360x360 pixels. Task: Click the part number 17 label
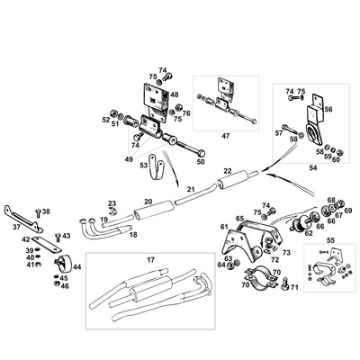(x=152, y=259)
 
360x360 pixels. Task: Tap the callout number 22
(x=228, y=171)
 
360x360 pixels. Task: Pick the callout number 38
(x=46, y=212)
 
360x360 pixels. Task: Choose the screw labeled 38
(x=37, y=212)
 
